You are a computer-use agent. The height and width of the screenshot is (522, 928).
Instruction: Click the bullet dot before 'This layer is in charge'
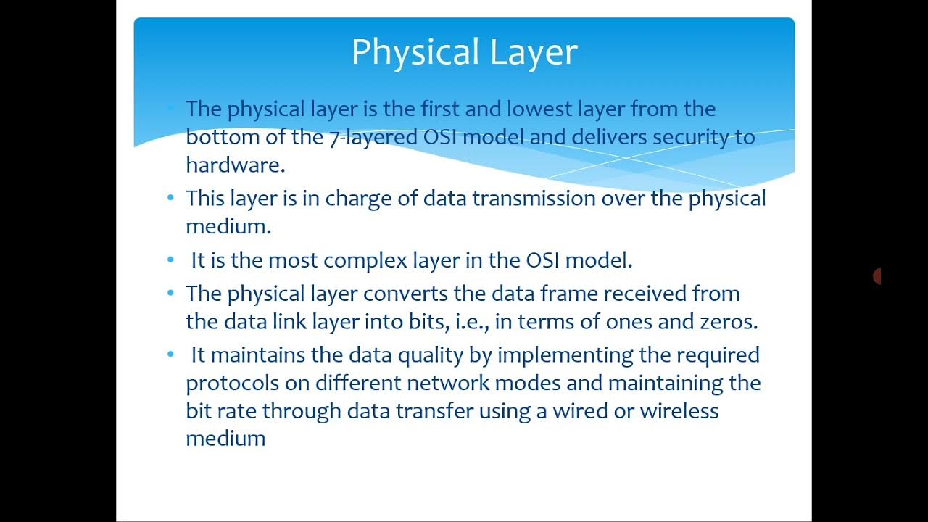[170, 197]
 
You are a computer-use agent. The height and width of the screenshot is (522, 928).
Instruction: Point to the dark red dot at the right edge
[877, 276]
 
